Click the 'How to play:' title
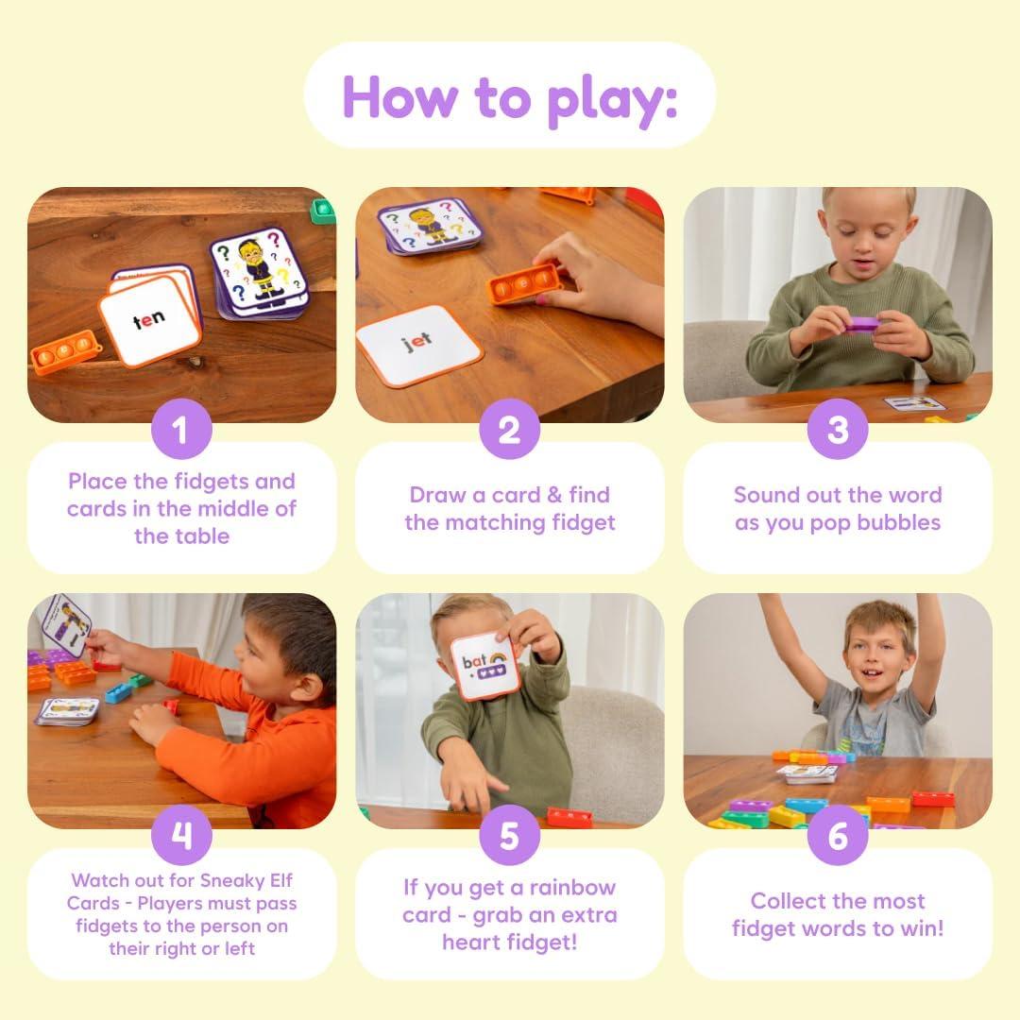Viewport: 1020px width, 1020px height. [509, 95]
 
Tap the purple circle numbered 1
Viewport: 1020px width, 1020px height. [180, 431]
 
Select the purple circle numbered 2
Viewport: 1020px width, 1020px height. [509, 431]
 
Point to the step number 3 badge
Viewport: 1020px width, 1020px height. [838, 431]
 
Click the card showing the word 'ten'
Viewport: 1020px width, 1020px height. [149, 321]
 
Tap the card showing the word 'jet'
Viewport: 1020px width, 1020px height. [418, 345]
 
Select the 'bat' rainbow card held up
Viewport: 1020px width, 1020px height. [484, 665]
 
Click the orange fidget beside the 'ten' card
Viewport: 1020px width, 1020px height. [65, 352]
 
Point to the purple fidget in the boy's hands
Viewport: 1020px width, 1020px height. [860, 324]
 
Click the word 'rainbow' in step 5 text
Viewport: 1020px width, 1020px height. [571, 887]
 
